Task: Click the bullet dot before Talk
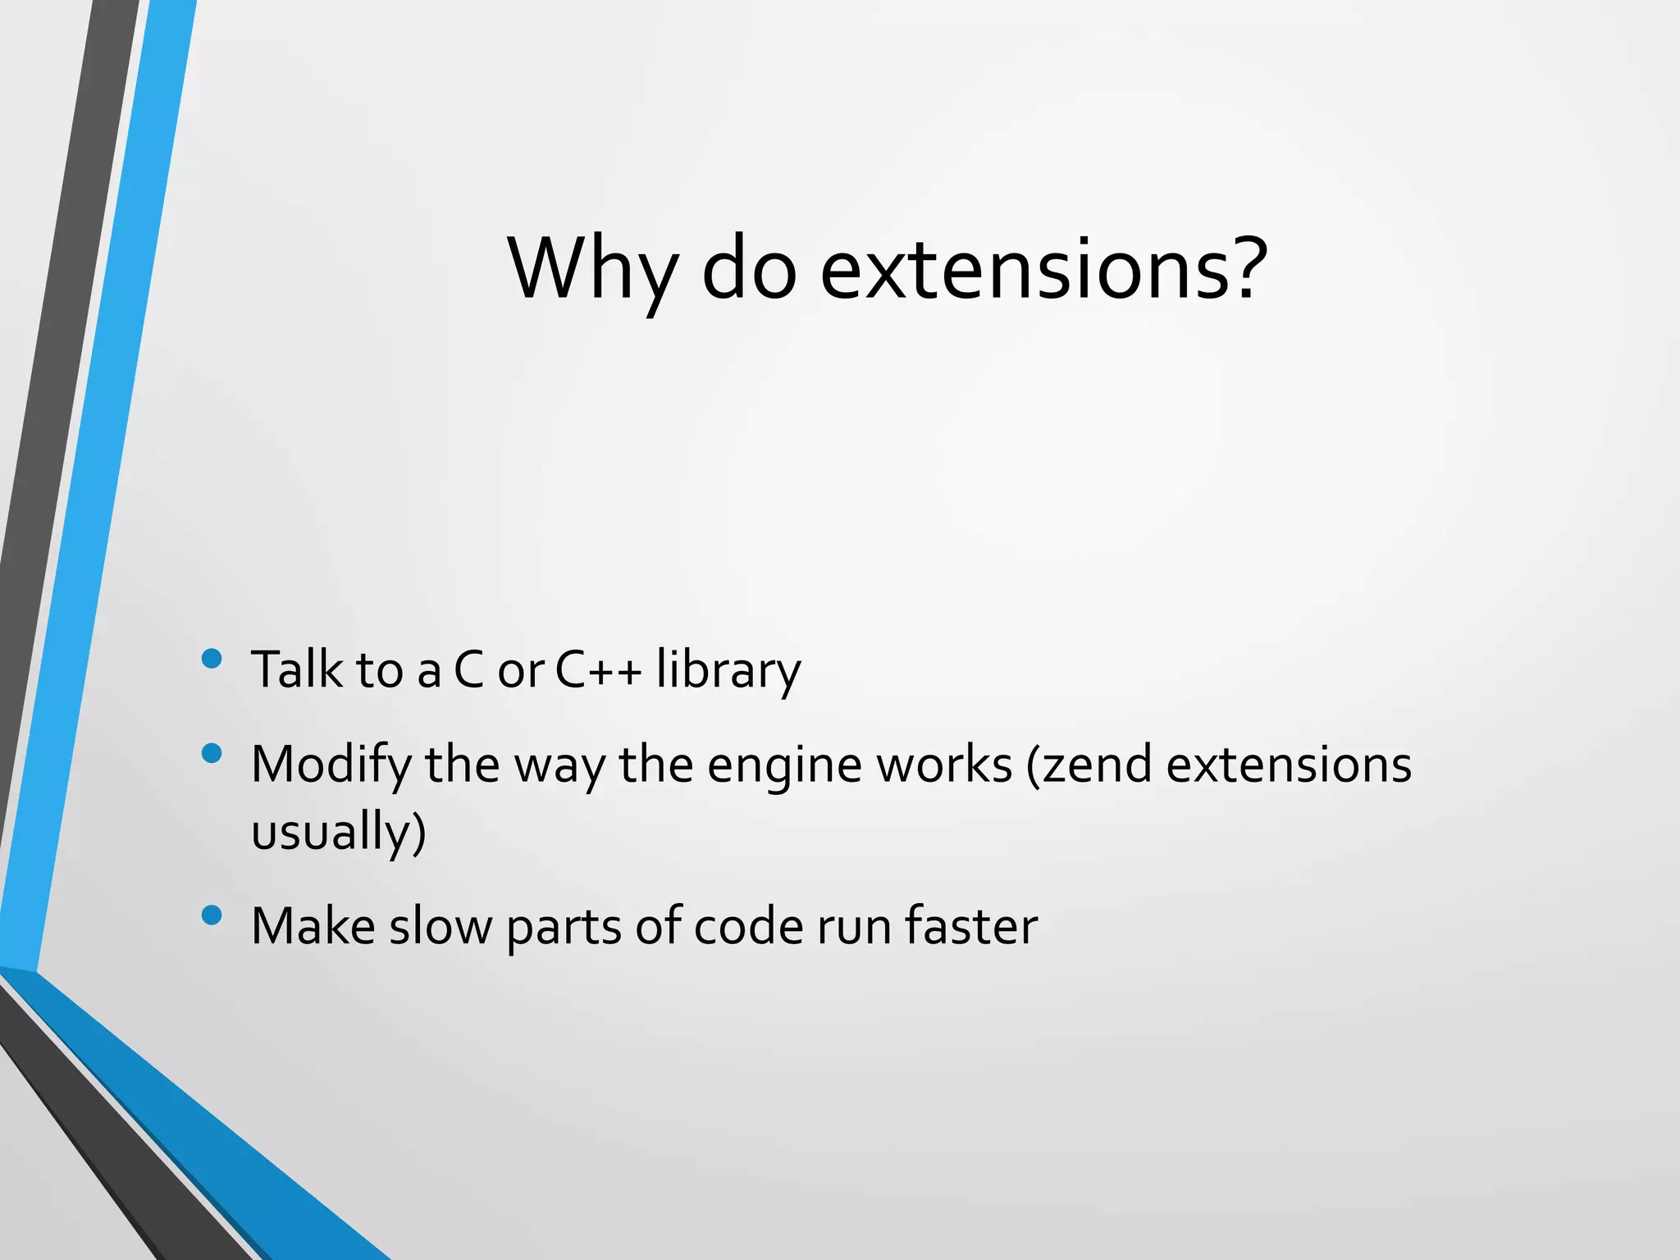coord(212,659)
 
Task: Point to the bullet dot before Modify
coord(212,753)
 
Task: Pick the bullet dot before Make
coord(212,915)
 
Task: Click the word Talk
coord(297,669)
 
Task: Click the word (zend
coord(1089,765)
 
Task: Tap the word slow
coord(441,926)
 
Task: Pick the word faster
coord(970,926)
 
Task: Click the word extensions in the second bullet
coord(1289,764)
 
